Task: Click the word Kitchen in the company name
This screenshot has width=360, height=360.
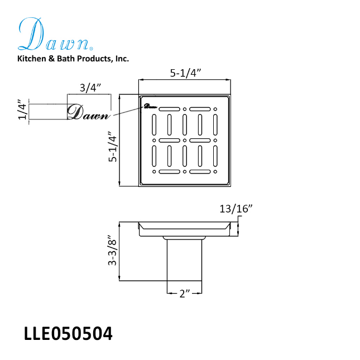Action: pyautogui.click(x=32, y=59)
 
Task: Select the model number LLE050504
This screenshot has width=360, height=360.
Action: pyautogui.click(x=68, y=334)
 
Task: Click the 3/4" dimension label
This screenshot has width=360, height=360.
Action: pyautogui.click(x=90, y=88)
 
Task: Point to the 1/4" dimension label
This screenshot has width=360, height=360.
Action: pyautogui.click(x=22, y=109)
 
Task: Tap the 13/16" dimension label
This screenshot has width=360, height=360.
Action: pyautogui.click(x=236, y=209)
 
